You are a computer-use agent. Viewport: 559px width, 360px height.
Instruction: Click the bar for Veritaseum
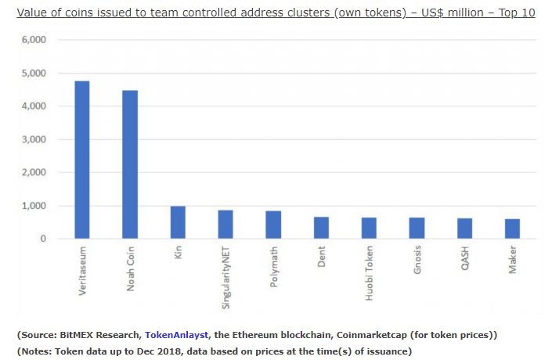[82, 160]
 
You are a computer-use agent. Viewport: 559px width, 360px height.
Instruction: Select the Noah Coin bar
[130, 164]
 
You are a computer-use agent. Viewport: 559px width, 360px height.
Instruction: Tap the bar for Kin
[178, 222]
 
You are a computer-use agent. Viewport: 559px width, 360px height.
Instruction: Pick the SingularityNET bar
[225, 224]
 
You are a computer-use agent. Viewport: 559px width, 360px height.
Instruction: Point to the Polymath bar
[273, 225]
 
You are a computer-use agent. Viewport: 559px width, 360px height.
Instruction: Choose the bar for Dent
[321, 228]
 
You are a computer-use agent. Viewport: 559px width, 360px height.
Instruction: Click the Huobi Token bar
[369, 228]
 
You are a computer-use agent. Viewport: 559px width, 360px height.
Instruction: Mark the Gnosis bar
[417, 228]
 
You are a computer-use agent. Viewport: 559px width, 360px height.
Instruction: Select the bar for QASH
[464, 229]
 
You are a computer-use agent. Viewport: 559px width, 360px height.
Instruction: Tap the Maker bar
[512, 229]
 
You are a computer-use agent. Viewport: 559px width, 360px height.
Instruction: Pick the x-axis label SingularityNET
[226, 278]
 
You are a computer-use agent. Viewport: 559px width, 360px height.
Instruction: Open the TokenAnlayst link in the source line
[176, 335]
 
